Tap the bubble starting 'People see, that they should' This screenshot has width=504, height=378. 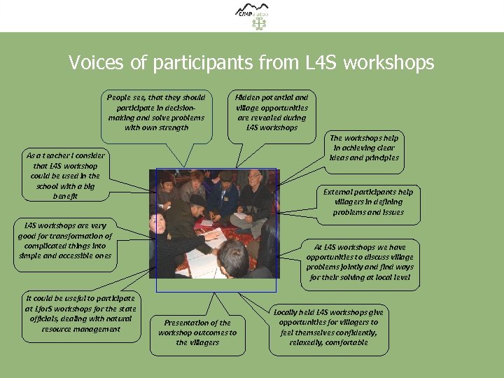click(156, 113)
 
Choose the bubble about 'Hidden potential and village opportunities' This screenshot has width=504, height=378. click(272, 113)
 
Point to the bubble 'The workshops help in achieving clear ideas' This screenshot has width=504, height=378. click(365, 148)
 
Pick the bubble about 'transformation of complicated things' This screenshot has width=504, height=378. click(64, 241)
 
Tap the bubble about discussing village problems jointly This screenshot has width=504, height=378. click(359, 262)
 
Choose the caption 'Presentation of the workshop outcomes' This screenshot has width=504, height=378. click(197, 332)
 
